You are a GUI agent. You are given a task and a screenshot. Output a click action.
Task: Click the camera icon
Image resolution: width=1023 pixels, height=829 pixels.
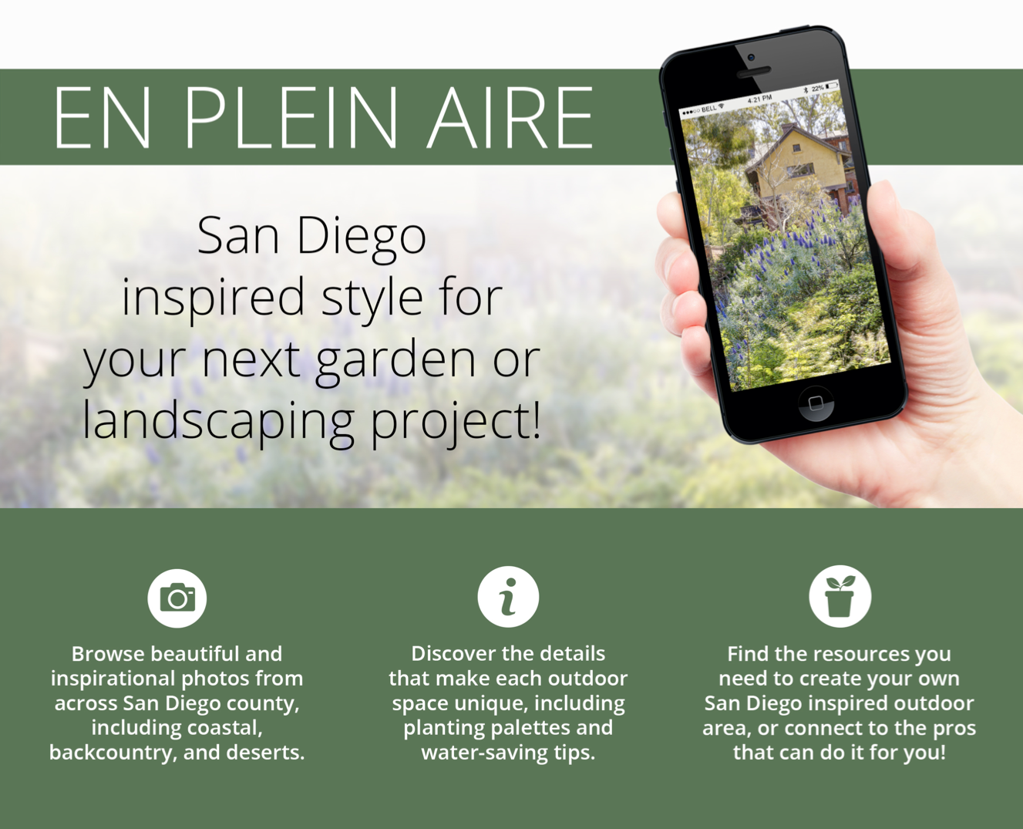177,598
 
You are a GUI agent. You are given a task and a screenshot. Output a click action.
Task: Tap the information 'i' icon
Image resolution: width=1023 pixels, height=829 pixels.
508,597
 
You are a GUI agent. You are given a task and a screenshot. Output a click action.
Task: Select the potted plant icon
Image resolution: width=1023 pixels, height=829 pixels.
840,597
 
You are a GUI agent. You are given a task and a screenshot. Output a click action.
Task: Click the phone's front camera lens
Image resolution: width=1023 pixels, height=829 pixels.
751,58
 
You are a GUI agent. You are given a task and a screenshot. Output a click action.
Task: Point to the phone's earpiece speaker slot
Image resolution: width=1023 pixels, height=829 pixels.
753,72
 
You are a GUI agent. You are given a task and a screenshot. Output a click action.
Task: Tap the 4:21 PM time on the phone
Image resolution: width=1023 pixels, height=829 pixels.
760,99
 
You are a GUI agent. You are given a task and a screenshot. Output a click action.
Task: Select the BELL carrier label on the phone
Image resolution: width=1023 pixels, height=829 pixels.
708,110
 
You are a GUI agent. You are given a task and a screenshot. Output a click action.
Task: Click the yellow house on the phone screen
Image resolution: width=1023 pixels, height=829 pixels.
797,163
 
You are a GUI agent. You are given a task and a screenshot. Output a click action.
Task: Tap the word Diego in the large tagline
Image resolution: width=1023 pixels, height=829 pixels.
362,236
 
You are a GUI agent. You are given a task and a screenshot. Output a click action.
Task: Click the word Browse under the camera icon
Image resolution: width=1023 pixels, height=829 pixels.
108,654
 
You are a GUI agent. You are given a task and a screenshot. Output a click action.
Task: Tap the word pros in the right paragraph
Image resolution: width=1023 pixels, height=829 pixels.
954,729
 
